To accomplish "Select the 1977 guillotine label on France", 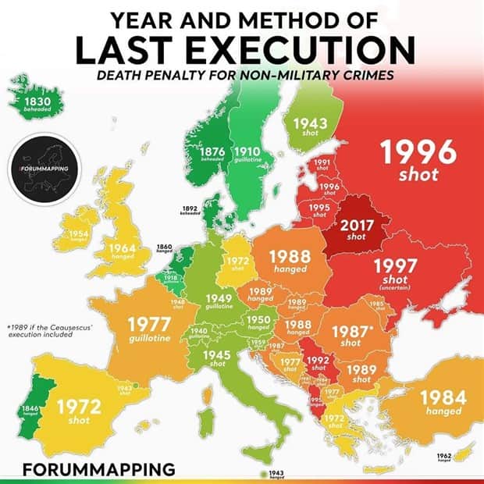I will click(x=150, y=329).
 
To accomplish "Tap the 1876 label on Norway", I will click(x=213, y=153).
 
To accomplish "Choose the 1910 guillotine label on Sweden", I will click(x=247, y=153).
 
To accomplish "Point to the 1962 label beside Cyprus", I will click(x=444, y=457).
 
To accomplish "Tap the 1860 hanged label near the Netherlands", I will click(x=164, y=248).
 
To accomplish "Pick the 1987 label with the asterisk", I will click(x=351, y=333).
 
